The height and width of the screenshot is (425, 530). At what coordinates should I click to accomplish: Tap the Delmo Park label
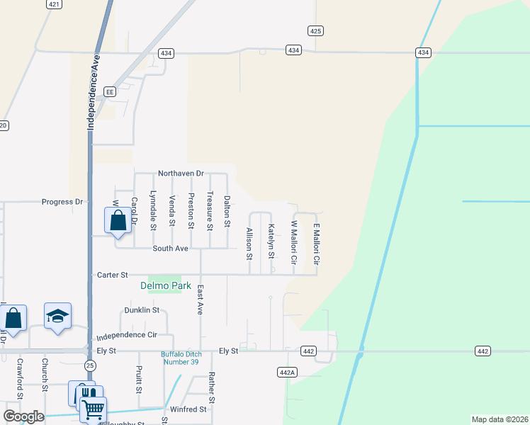coord(166,286)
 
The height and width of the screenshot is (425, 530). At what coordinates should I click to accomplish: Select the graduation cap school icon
coord(57,316)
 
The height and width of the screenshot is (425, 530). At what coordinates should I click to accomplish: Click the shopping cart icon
coord(94,409)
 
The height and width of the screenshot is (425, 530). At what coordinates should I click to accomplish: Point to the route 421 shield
coord(54,4)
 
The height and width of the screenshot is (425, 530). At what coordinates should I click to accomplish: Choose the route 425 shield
coord(316,30)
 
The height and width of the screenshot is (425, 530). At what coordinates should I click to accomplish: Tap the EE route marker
coord(109,91)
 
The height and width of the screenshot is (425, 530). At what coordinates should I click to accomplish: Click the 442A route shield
coord(286,372)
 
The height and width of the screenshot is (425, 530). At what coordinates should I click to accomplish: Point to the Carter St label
coord(112,275)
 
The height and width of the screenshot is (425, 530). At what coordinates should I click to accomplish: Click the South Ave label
coord(171,249)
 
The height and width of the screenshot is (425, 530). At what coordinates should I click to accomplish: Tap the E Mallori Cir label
coord(317,244)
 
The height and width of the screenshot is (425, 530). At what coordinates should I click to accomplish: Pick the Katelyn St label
coord(271,241)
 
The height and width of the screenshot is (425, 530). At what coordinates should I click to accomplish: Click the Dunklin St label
coord(142,310)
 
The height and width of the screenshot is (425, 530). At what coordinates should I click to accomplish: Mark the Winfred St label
coord(188,409)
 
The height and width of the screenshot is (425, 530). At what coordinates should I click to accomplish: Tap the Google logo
coord(23,416)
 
